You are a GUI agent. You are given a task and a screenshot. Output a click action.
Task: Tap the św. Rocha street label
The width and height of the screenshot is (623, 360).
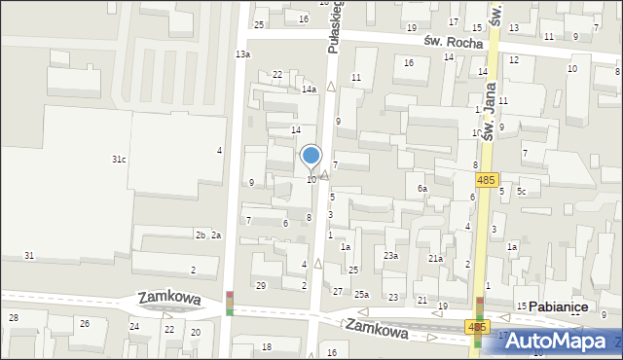448,41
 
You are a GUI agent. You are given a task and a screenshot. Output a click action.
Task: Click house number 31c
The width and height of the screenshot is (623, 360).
118,159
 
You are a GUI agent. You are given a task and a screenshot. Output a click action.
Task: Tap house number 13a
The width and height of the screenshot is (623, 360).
242,54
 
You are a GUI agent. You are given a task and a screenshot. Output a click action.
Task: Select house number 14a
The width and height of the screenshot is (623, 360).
309,90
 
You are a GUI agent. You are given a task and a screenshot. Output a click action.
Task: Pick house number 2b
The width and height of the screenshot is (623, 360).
200,235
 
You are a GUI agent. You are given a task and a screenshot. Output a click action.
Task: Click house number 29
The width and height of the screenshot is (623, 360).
260,285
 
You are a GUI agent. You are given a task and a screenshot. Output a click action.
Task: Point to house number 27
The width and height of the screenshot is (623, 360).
338,292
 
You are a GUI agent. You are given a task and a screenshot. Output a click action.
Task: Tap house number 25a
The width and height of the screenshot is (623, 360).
361,295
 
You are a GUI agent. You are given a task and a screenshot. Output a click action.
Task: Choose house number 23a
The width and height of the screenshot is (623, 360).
390,255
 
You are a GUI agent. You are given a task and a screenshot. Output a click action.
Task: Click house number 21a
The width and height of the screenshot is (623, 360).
435,259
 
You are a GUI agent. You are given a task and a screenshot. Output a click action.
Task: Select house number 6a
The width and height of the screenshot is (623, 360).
422,189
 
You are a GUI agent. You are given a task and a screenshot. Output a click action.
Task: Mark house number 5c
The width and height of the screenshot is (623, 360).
521,192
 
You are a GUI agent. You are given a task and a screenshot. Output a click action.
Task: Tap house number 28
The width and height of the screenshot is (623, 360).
14,318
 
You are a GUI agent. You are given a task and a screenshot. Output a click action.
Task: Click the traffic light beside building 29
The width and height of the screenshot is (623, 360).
230,303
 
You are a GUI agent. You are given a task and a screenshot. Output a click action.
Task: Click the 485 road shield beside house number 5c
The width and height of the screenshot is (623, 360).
488,180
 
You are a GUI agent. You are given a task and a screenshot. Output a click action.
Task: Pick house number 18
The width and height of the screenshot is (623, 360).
267,347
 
